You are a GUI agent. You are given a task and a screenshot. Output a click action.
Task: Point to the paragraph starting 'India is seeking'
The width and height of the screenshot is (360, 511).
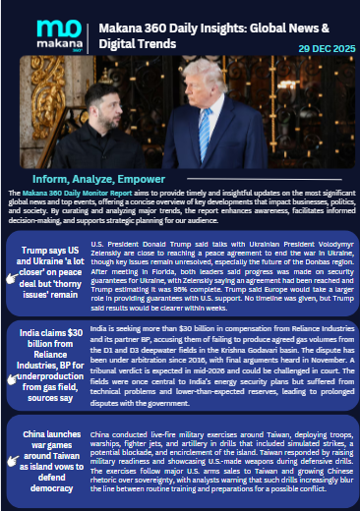221,350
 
